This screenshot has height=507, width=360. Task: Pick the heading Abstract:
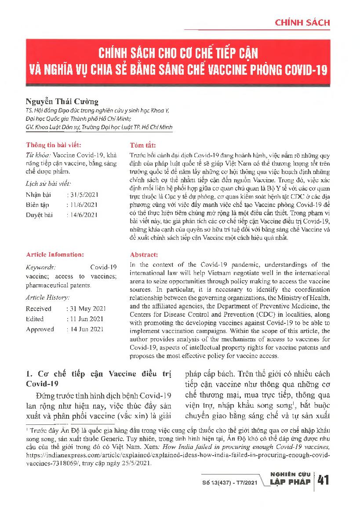144,255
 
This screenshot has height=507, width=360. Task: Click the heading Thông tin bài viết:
54,145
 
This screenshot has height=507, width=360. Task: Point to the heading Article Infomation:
55,254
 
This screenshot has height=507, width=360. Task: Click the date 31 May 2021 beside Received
86,309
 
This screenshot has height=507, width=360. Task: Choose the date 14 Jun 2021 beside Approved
86,329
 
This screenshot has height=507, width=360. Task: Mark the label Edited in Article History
35,319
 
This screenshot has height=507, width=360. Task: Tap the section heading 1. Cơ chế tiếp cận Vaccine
98,374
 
